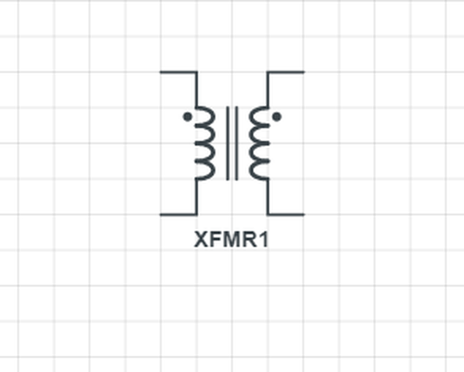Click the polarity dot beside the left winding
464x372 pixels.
coord(187,116)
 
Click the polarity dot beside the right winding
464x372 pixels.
coord(276,116)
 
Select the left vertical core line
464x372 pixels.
coord(228,143)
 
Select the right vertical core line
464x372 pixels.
coord(237,143)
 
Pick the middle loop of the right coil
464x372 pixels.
coord(257,143)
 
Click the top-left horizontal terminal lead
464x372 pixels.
coord(178,72)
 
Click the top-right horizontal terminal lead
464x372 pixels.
coord(285,72)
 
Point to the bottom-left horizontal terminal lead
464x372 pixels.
coord(178,215)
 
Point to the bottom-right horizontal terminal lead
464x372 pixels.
coord(285,215)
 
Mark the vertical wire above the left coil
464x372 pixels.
coord(197,88)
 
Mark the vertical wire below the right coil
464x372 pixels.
coord(267,197)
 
